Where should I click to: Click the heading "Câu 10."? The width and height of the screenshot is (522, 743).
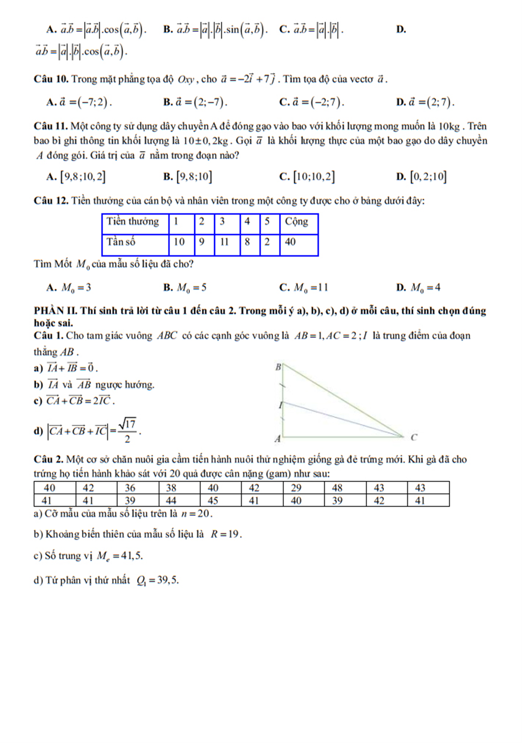click(x=51, y=79)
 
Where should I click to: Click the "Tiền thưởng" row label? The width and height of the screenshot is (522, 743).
click(x=133, y=221)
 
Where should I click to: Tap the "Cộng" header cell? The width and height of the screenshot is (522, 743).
click(x=296, y=221)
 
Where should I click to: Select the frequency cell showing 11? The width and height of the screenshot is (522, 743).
click(x=224, y=242)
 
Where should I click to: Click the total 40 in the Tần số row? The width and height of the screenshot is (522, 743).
click(x=291, y=242)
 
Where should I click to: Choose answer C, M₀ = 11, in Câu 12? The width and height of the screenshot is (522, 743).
click(x=304, y=287)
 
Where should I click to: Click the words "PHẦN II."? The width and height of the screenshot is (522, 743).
click(x=56, y=311)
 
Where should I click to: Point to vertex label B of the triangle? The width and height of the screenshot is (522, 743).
click(x=278, y=367)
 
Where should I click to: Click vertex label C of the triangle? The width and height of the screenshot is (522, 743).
click(x=414, y=437)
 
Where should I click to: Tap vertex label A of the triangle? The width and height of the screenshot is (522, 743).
click(x=278, y=438)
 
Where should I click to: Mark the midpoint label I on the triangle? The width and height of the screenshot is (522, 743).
click(x=280, y=405)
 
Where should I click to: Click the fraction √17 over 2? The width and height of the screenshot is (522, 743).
click(x=127, y=431)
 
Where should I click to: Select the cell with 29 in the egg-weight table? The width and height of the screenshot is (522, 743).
click(x=296, y=488)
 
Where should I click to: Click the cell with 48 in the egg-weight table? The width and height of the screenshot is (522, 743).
click(x=337, y=488)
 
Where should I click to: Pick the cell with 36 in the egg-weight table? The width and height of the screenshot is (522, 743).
click(x=130, y=488)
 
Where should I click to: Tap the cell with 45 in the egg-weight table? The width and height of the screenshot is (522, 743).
click(x=213, y=501)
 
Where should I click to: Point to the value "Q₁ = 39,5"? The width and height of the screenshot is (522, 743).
click(x=158, y=580)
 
